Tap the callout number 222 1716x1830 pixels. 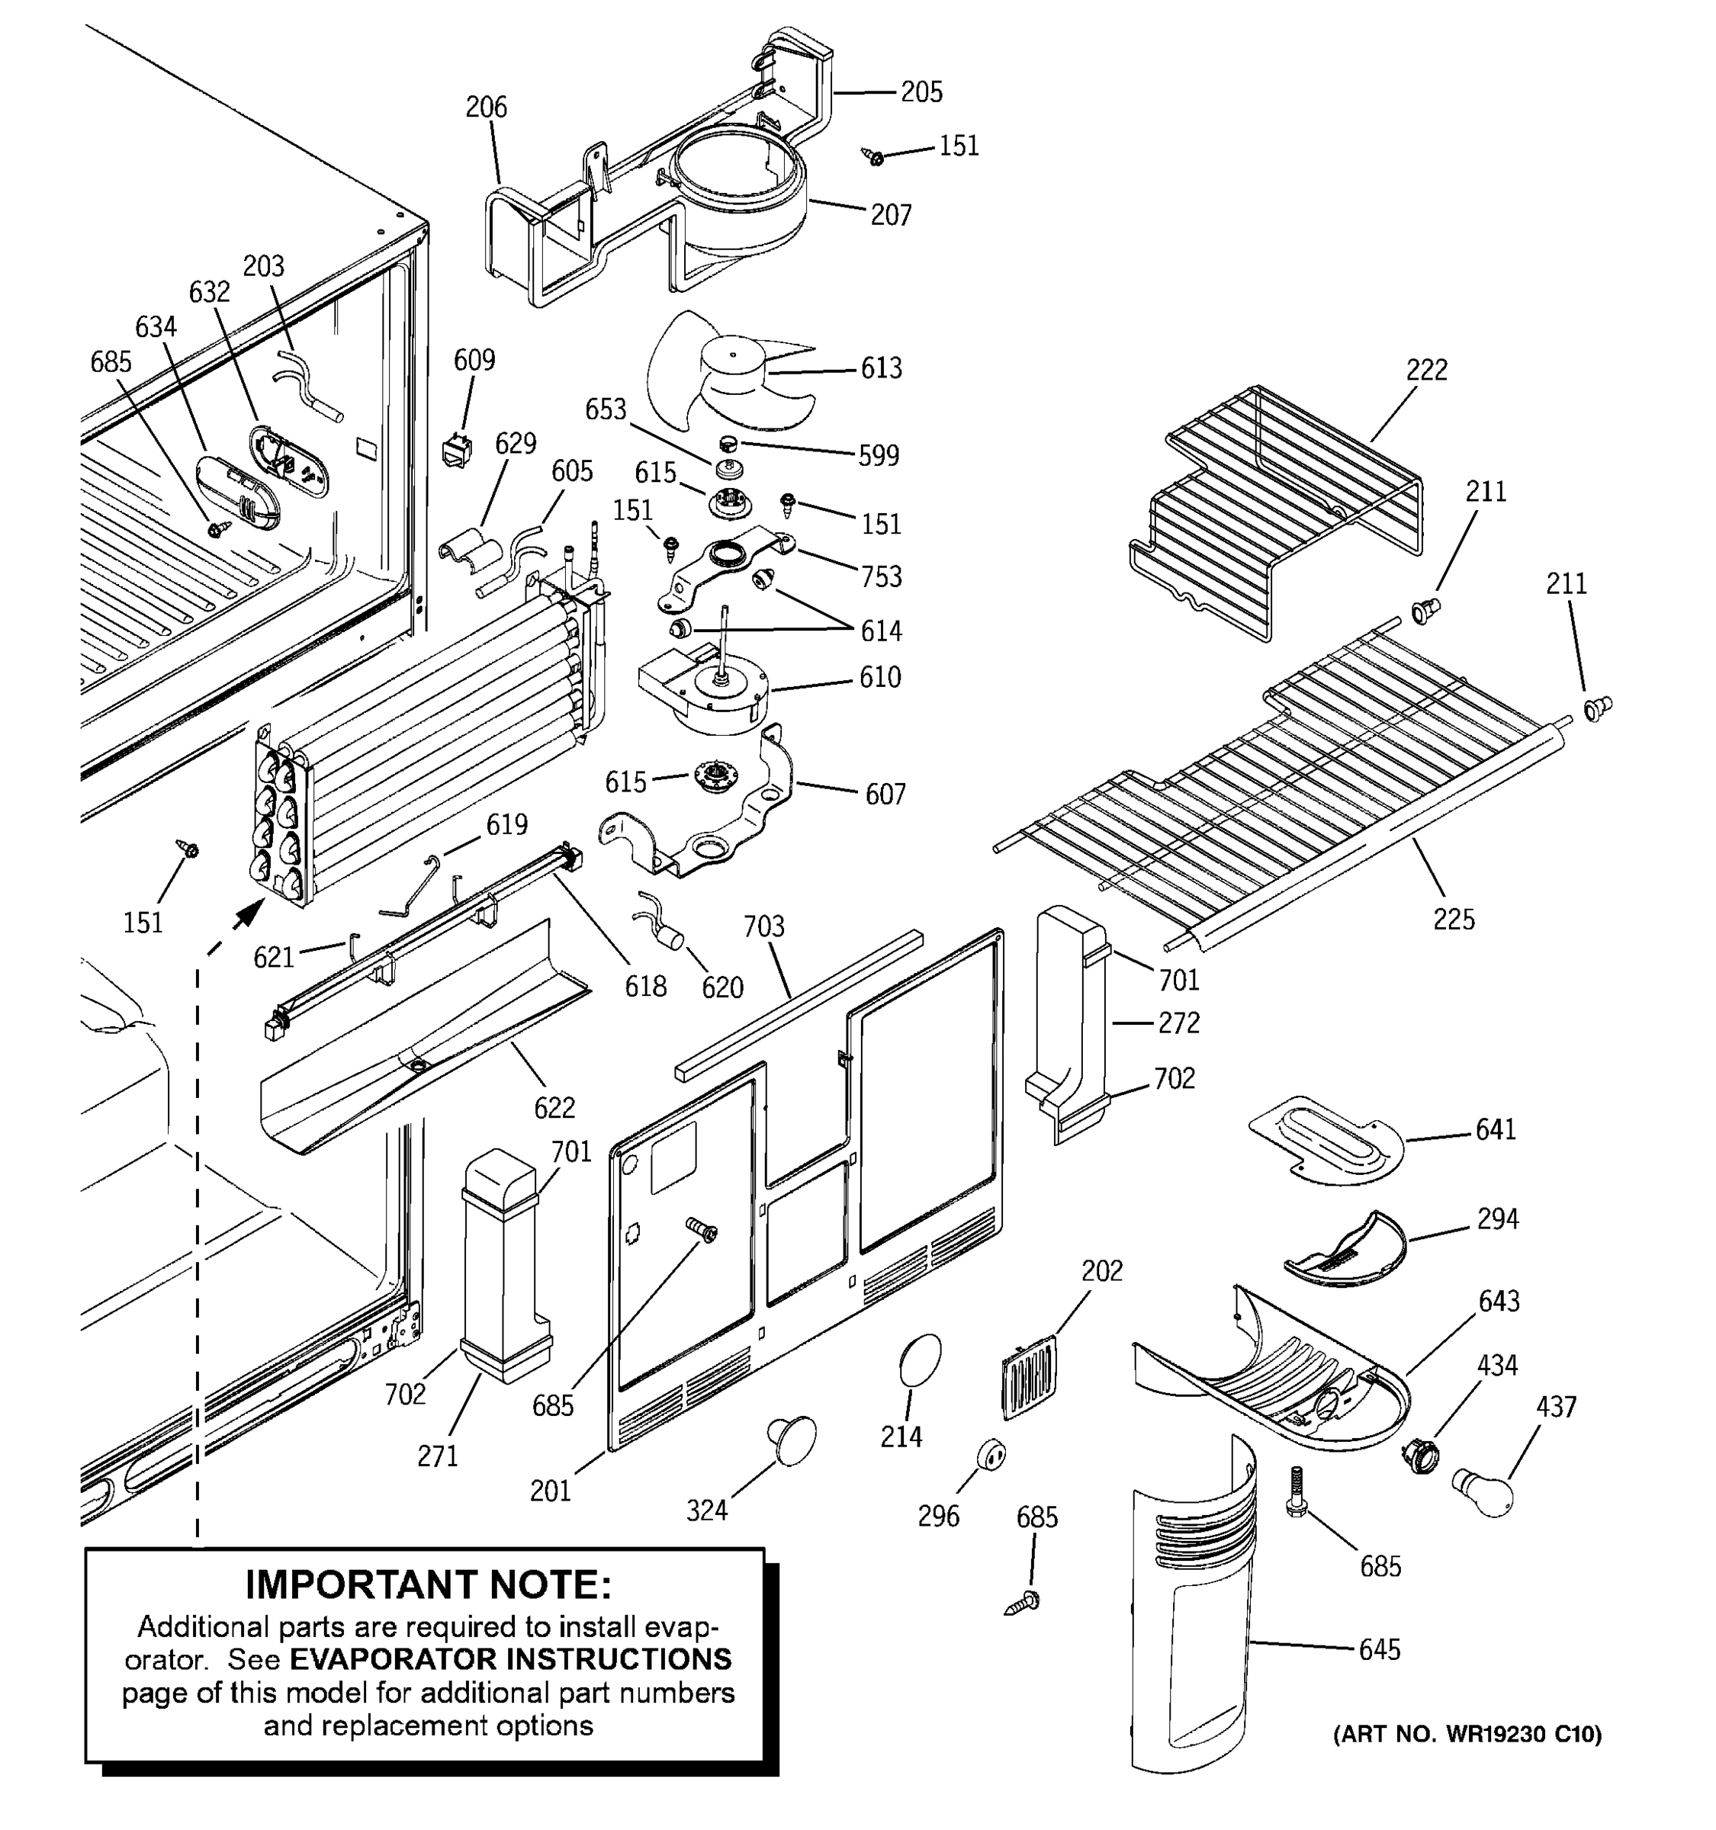pyautogui.click(x=1426, y=370)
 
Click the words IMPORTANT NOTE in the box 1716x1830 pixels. pyautogui.click(x=428, y=1585)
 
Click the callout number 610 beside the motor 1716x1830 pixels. pyautogui.click(x=879, y=678)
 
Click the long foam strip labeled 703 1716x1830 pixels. pyautogui.click(x=797, y=1003)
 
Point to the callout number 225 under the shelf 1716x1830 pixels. pyautogui.click(x=1453, y=919)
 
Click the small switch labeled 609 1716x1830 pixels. pyautogui.click(x=457, y=450)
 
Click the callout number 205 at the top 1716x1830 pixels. pyautogui.click(x=921, y=92)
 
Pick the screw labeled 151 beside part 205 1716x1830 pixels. pyautogui.click(x=875, y=157)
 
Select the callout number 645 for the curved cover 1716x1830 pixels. pyautogui.click(x=1379, y=1649)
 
